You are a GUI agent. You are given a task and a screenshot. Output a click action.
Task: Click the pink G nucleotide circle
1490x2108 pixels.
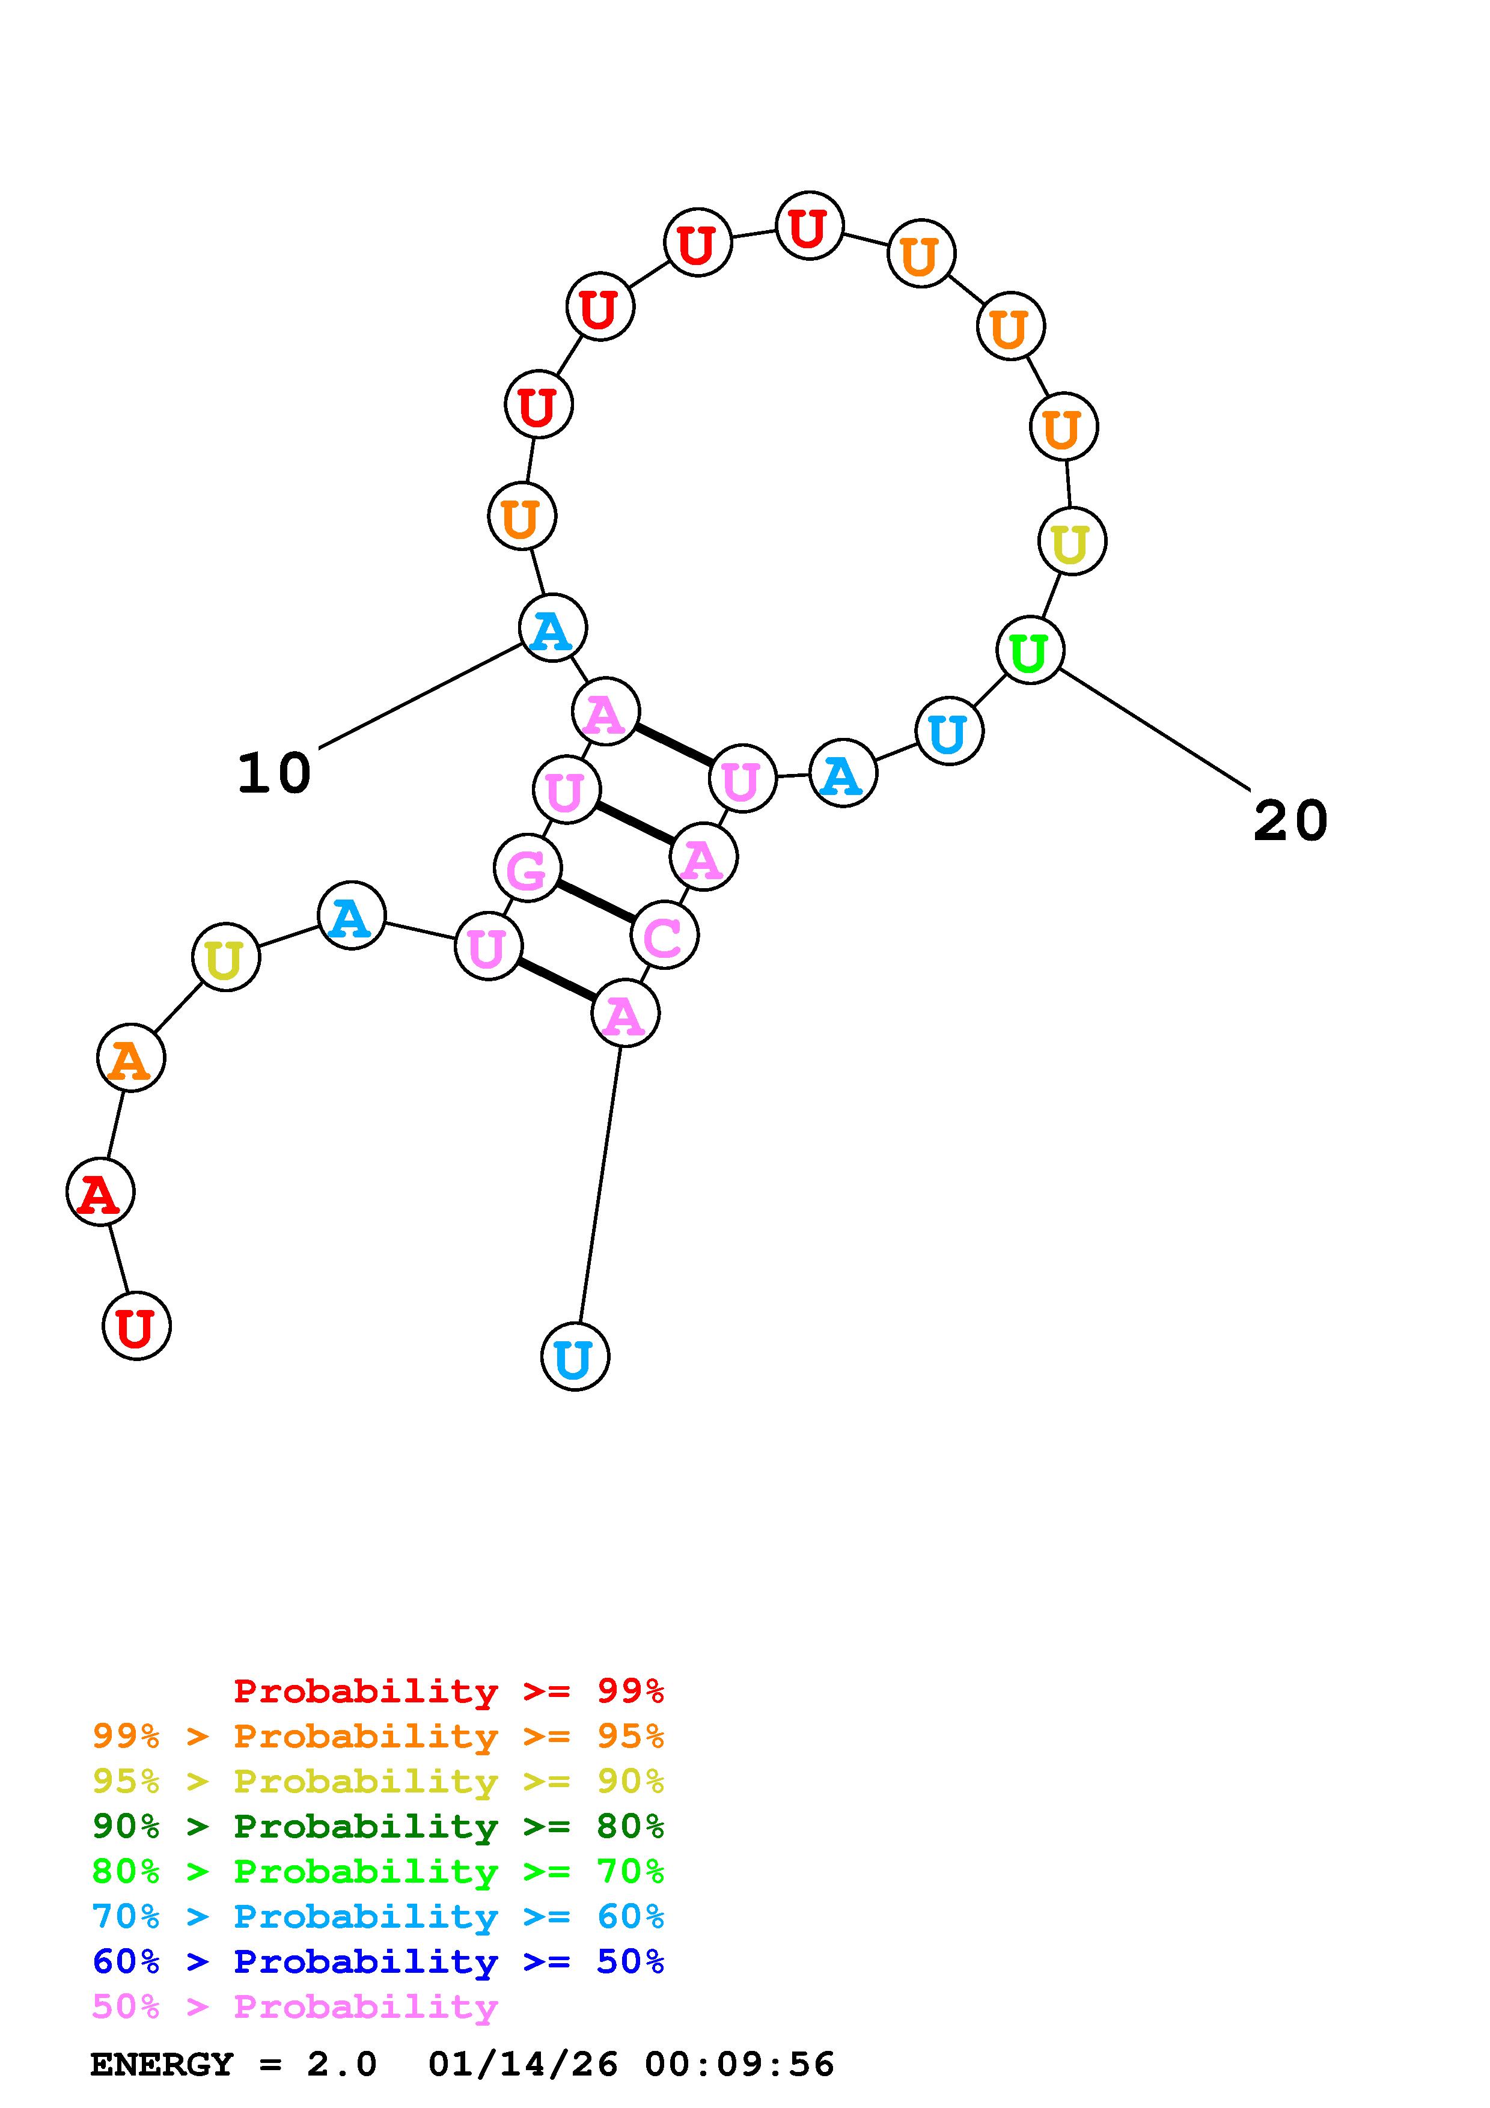click(x=527, y=868)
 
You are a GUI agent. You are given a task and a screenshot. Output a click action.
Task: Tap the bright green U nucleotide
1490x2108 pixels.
click(x=1030, y=651)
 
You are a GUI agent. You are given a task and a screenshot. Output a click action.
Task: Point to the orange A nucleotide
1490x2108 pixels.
click(x=131, y=1059)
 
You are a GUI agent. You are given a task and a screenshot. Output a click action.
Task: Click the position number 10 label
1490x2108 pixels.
click(x=273, y=773)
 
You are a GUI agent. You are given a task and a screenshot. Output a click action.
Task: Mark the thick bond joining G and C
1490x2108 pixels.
click(x=596, y=901)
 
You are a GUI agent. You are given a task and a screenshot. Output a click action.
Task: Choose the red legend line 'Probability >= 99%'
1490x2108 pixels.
click(x=449, y=1691)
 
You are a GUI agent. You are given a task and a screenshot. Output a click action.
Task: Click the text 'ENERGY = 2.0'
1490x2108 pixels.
click(x=233, y=2065)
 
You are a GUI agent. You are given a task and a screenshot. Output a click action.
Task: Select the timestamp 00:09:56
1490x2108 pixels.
click(x=739, y=2065)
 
